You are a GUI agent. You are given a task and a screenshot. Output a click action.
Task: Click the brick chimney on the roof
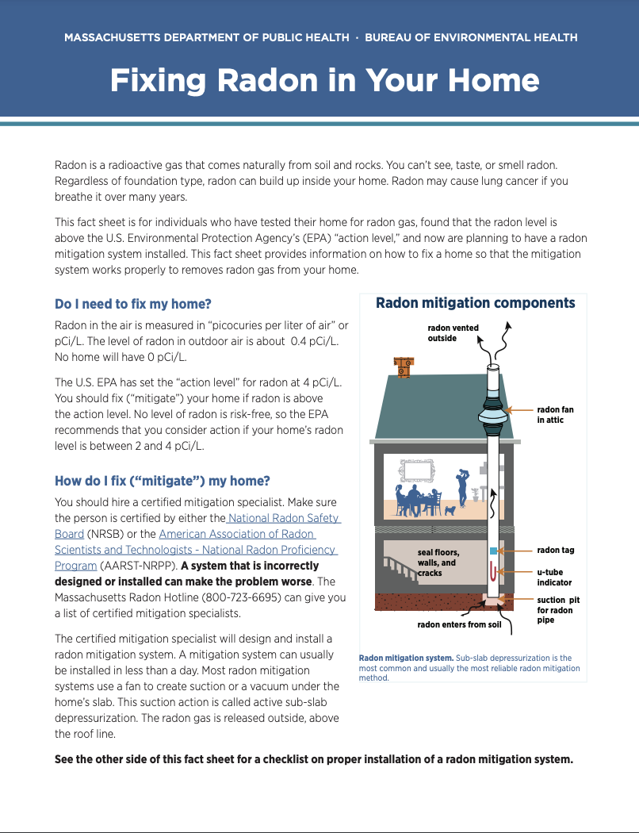404,367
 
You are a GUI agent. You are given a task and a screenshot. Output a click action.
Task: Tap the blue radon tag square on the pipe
493,551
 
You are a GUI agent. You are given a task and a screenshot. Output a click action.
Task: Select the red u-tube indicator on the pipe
493,571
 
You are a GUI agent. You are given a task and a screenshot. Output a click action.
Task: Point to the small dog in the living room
450,510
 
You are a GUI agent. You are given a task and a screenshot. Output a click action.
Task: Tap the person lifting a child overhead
462,484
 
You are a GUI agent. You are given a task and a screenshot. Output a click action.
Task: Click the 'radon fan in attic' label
555,415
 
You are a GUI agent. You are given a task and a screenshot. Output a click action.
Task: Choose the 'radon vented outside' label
453,333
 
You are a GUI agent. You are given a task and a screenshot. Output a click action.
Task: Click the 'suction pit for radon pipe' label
555,610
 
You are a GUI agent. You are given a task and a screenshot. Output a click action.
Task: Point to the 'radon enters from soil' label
459,625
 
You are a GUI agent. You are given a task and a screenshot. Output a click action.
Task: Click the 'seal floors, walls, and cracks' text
438,562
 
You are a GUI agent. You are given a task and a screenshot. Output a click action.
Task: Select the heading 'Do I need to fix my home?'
133,304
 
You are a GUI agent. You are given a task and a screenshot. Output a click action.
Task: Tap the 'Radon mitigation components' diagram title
475,303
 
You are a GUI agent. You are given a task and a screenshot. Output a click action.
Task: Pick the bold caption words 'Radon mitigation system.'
406,658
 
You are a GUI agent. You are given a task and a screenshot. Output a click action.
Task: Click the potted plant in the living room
477,493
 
